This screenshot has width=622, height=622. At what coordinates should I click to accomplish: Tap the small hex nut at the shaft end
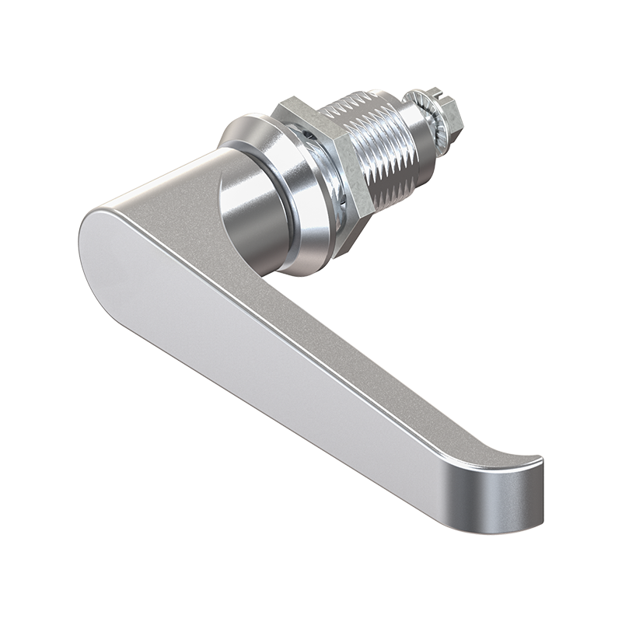[x=447, y=117]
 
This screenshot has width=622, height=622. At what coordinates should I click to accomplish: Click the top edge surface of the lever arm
[x=311, y=311]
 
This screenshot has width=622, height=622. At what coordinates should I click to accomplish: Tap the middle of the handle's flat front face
[x=257, y=342]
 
